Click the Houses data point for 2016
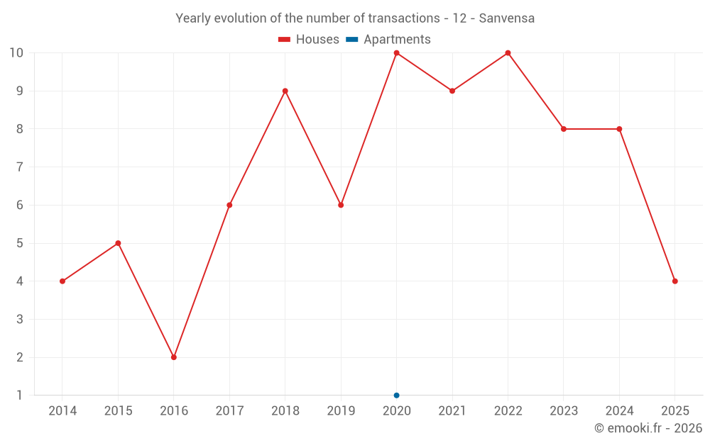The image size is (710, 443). tap(174, 357)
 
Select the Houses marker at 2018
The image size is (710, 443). tap(285, 91)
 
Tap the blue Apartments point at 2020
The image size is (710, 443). tap(396, 395)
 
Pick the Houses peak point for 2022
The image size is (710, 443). tap(508, 53)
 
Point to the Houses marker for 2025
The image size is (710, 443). tap(674, 281)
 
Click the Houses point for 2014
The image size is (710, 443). tap(62, 281)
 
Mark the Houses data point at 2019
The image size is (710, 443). tap(341, 205)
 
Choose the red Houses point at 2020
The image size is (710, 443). tap(396, 53)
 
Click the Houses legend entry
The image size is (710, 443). tap(308, 40)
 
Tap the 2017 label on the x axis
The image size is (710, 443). tap(229, 411)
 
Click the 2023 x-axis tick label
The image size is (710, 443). tap(563, 411)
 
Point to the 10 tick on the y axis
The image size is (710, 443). tap(16, 53)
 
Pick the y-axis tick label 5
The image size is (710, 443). tap(19, 243)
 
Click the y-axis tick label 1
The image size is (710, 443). tap(19, 395)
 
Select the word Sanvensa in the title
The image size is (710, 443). tap(506, 18)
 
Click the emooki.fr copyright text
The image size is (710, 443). tap(648, 428)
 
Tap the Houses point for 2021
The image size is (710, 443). tap(452, 91)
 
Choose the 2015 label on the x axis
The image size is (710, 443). tap(118, 411)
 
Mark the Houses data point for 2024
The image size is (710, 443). tap(619, 129)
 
